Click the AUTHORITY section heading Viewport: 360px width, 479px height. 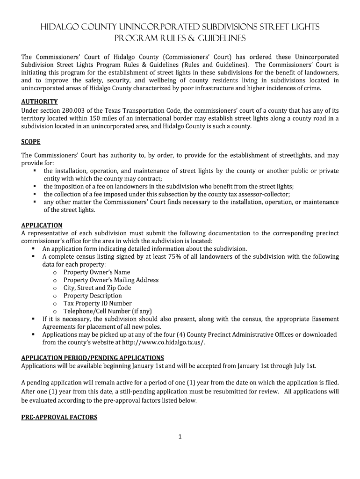(39, 102)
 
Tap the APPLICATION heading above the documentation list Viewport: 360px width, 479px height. (42, 225)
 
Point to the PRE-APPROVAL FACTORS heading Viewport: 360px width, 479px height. (59, 417)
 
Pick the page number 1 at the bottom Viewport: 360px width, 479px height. (180, 437)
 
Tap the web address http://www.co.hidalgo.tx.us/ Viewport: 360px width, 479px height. (163, 342)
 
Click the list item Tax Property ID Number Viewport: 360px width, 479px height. (97, 304)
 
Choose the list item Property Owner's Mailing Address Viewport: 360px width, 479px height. (111, 280)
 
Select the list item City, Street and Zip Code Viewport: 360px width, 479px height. (97, 288)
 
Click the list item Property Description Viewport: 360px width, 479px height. (93, 296)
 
